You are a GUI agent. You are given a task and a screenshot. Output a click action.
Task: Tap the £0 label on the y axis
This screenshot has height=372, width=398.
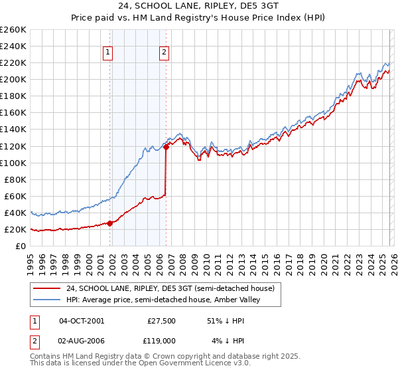click(x=20, y=246)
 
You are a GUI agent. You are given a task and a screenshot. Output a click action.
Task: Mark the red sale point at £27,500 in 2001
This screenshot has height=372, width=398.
click(x=110, y=223)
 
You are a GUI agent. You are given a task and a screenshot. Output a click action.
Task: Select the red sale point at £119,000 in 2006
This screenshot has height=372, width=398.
click(x=166, y=147)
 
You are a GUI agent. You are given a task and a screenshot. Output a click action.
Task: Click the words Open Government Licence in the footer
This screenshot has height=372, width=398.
click(x=183, y=363)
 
